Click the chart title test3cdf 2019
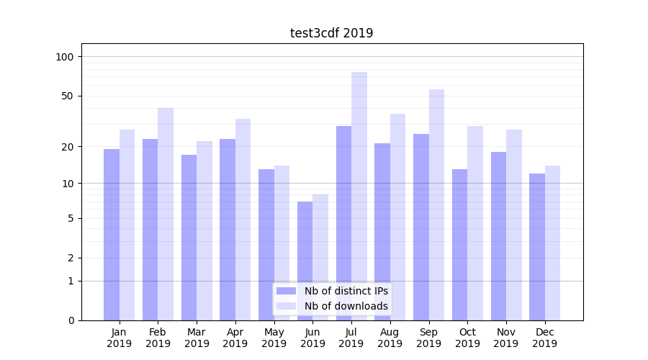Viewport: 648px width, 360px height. coord(331,33)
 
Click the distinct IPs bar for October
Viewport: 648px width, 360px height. coord(459,245)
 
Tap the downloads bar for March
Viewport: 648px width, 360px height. coord(204,230)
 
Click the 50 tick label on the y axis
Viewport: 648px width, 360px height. coord(67,96)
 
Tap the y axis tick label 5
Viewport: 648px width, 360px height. coord(70,218)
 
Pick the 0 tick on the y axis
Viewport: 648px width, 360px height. coord(70,320)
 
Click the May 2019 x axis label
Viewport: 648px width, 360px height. coord(274,338)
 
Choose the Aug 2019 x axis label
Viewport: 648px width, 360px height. coord(390,338)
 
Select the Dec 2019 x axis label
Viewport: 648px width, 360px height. coord(544,338)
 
